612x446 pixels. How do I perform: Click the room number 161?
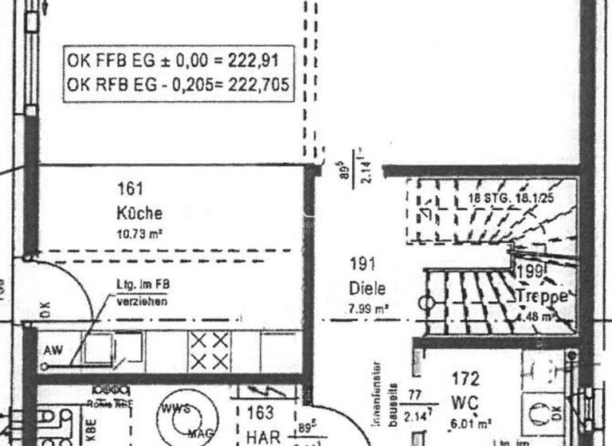131,189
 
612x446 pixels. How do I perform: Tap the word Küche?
139,213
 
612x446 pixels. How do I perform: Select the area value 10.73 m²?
140,234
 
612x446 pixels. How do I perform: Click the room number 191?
362,264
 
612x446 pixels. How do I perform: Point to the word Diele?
367,288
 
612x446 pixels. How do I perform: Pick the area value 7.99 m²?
367,307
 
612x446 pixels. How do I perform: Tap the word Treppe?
542,296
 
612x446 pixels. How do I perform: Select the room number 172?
465,378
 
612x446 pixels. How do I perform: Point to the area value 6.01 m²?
469,424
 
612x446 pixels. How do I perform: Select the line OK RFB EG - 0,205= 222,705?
178,84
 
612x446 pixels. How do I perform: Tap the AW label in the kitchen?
53,350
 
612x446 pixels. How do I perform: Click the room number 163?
261,413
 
